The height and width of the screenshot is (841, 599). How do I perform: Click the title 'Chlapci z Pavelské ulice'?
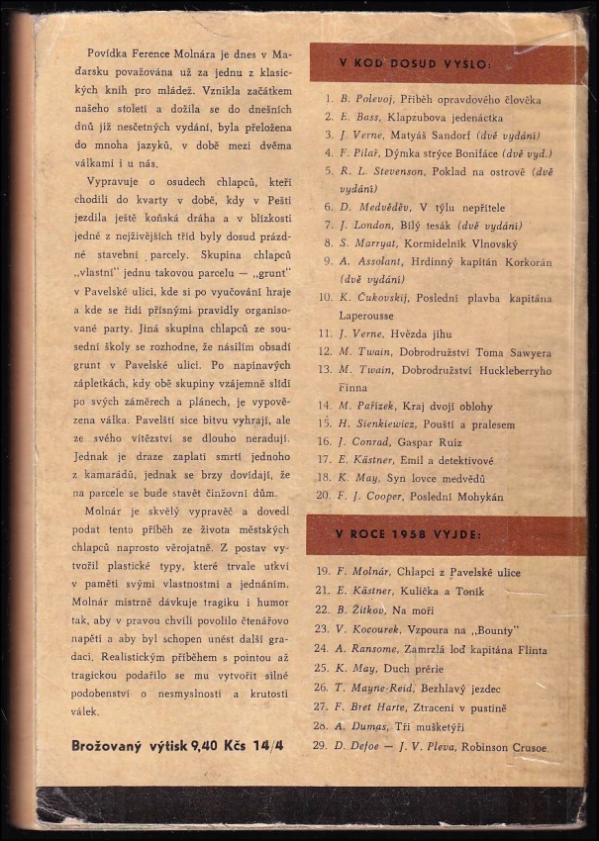coord(459,573)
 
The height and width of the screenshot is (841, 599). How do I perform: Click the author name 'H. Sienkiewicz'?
coord(378,423)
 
